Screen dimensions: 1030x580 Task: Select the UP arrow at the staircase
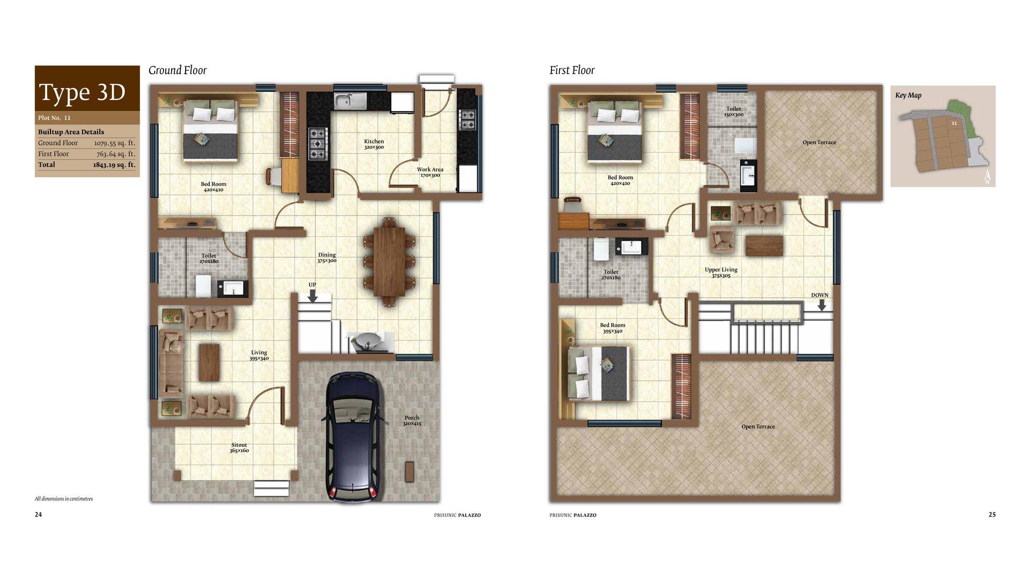click(x=313, y=295)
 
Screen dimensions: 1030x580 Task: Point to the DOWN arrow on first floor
click(x=821, y=305)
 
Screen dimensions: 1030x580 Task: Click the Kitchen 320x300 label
click(x=374, y=144)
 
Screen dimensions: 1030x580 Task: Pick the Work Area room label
click(x=430, y=172)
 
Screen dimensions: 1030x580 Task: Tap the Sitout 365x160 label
click(x=239, y=447)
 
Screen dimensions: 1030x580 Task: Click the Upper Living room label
click(x=721, y=272)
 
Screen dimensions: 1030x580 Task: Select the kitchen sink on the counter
click(x=350, y=100)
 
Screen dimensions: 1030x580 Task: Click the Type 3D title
click(x=83, y=92)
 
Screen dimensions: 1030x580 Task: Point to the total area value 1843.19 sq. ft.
click(x=114, y=165)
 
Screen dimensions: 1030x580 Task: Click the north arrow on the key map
click(x=987, y=177)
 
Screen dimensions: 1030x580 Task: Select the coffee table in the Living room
click(x=209, y=362)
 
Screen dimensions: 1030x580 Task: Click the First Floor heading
click(x=572, y=70)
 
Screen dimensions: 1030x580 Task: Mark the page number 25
click(x=992, y=514)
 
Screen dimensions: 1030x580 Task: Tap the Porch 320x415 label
click(x=412, y=421)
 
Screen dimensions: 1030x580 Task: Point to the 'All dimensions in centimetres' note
click(x=64, y=499)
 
